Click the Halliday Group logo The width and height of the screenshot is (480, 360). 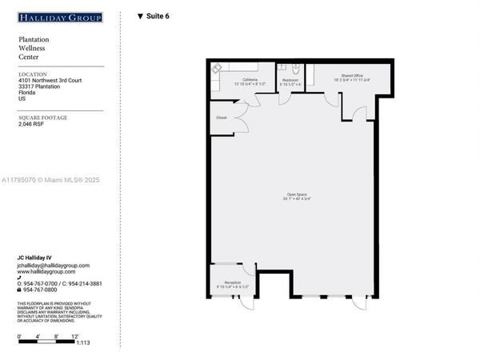pos(61,17)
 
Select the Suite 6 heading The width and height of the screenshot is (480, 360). pos(154,16)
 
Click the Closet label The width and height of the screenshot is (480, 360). pos(222,118)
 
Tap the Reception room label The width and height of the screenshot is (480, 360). pos(232,282)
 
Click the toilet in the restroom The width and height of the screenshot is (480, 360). pos(296,69)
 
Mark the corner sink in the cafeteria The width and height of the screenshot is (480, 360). pos(217,68)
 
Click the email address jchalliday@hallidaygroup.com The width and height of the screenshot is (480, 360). pos(54,265)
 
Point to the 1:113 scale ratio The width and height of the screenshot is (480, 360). pos(83,342)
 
